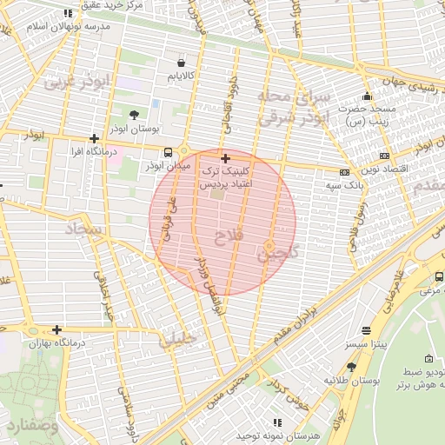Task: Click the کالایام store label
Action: click(x=180, y=76)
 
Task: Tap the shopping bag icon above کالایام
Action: click(x=181, y=63)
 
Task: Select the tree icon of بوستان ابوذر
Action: click(x=134, y=114)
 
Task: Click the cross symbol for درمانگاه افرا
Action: click(x=94, y=138)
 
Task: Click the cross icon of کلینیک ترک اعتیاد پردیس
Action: click(x=226, y=158)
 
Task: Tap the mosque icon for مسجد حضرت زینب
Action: click(x=368, y=96)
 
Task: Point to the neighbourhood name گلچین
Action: click(x=276, y=254)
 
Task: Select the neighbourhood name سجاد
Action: click(x=84, y=230)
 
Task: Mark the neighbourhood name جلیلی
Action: click(x=177, y=341)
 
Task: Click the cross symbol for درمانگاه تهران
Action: click(x=56, y=329)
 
